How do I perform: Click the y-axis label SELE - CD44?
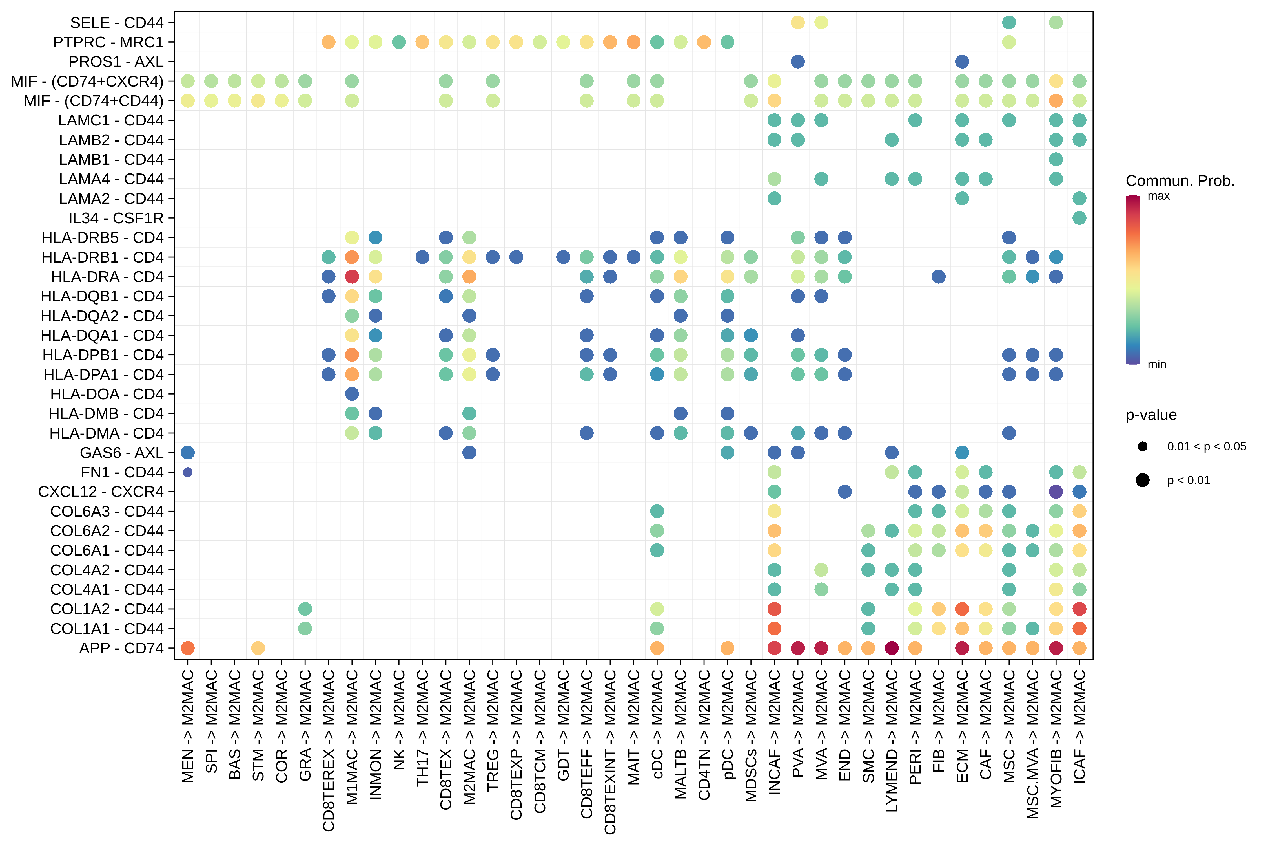[116, 23]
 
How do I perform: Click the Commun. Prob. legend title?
[1180, 181]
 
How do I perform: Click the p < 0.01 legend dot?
[1142, 480]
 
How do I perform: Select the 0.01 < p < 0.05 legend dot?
[1142, 446]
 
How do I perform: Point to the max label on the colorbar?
[1159, 196]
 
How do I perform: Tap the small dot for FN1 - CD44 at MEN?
[188, 472]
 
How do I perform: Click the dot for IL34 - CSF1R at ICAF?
[1079, 218]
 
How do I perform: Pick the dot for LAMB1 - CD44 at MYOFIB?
[1056, 159]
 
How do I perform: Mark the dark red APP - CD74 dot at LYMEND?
[892, 648]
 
